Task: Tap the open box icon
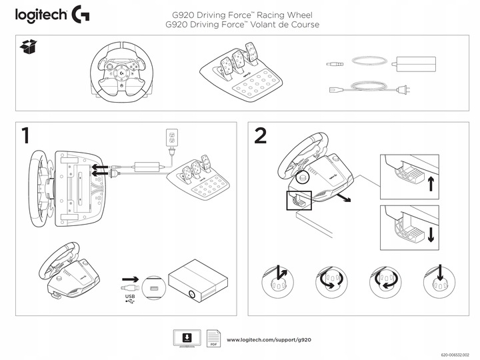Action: [27, 46]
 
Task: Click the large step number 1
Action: [25, 136]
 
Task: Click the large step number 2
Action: [261, 136]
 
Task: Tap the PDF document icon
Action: [213, 338]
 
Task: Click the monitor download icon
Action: [187, 337]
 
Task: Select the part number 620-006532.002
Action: [459, 356]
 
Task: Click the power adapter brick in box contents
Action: [415, 65]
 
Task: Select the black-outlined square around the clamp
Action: [299, 200]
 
